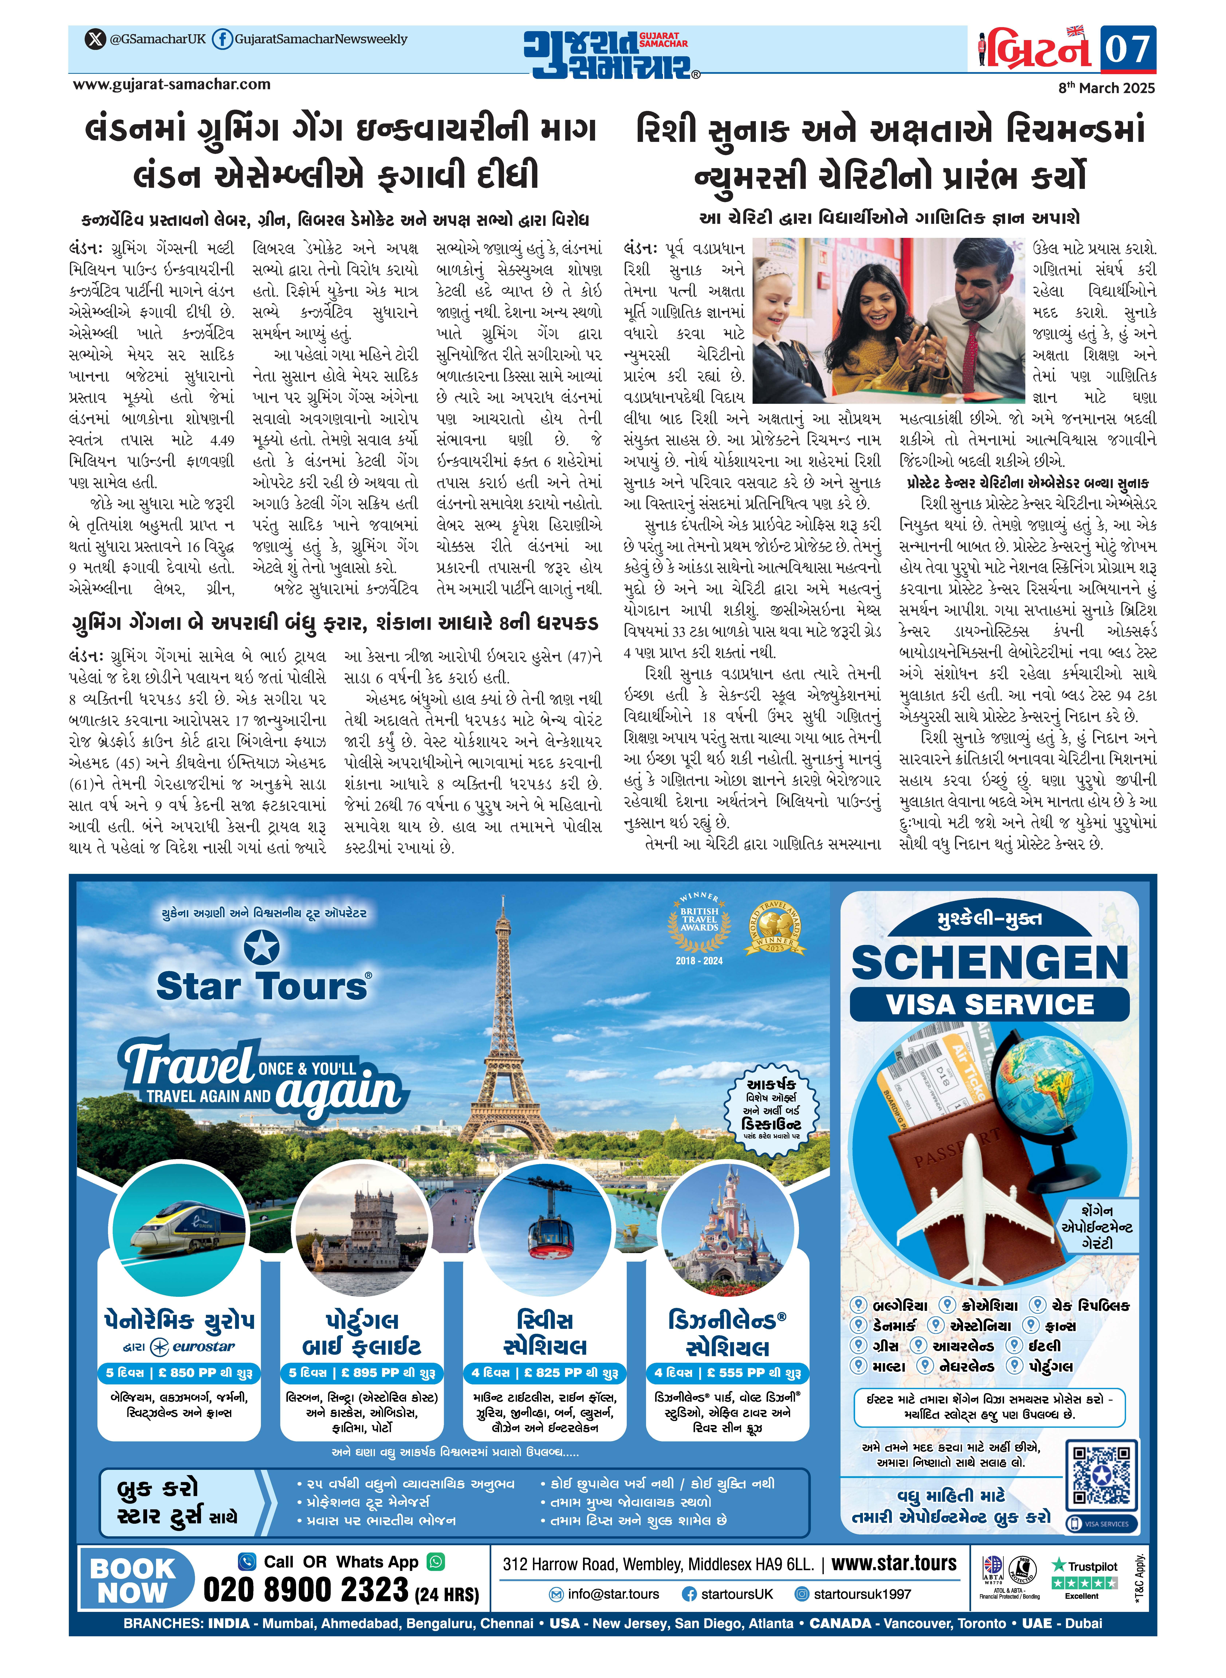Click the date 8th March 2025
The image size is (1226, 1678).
1107,88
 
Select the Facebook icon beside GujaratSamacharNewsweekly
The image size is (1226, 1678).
221,39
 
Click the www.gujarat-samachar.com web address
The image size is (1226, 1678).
171,85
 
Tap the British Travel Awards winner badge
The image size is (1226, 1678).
699,924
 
